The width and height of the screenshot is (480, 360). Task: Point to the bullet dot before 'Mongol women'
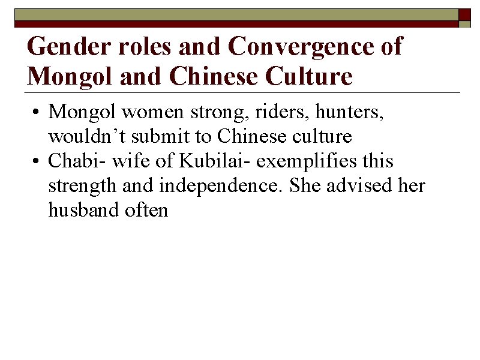tap(37, 112)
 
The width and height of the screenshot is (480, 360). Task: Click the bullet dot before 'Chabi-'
tap(37, 161)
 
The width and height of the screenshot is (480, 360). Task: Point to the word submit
tap(159, 137)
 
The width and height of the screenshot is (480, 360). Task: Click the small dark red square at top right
tap(465, 14)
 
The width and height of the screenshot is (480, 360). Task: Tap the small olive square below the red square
tap(465, 25)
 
